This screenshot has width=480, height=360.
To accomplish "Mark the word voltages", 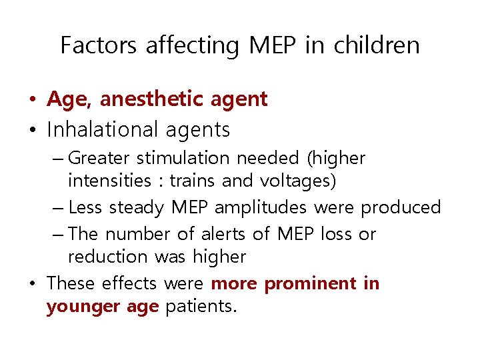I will pos(298,181).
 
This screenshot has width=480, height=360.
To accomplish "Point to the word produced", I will pos(401,207).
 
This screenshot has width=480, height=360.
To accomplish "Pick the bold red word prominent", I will pos(311,283).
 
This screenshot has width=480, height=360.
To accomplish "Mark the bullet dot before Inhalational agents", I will pos(32,129).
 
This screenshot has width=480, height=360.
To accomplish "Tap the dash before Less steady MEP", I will pos(58,207).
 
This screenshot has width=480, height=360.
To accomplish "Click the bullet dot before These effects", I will pos(32,284).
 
